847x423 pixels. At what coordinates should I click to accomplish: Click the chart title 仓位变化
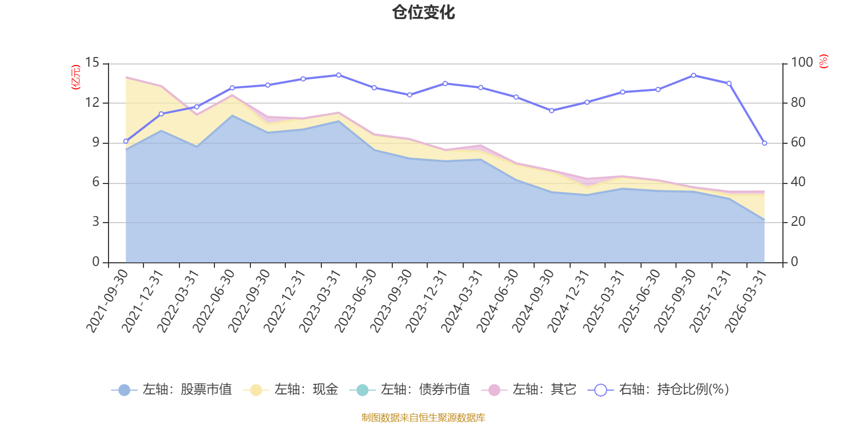[x=424, y=12]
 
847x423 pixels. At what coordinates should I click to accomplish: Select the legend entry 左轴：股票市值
[x=172, y=390]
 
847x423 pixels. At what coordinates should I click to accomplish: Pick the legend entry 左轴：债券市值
[x=410, y=390]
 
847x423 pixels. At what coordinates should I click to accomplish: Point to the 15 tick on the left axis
[x=93, y=63]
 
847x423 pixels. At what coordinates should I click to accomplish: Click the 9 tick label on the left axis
[x=96, y=142]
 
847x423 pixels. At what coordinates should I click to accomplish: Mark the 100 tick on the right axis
[x=801, y=62]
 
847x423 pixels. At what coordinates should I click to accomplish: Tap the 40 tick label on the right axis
[x=798, y=182]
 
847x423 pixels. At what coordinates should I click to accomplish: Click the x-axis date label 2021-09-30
[x=107, y=300]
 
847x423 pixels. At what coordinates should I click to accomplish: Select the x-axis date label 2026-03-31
[x=746, y=300]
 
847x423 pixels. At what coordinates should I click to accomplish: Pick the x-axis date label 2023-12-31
[x=427, y=300]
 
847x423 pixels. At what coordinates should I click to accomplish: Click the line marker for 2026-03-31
[x=764, y=143]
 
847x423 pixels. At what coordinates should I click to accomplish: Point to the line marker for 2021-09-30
[x=125, y=141]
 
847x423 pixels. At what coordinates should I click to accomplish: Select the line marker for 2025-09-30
[x=693, y=75]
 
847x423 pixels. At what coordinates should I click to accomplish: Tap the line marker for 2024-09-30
[x=552, y=111]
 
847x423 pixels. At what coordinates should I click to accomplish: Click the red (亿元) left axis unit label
[x=75, y=77]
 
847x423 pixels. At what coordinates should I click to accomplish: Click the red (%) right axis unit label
[x=823, y=62]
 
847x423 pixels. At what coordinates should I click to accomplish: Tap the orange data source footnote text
[x=423, y=417]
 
